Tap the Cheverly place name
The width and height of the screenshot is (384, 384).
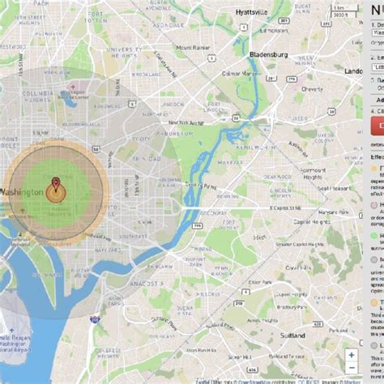coord(312,89)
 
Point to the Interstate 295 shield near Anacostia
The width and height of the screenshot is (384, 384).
coord(95,318)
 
